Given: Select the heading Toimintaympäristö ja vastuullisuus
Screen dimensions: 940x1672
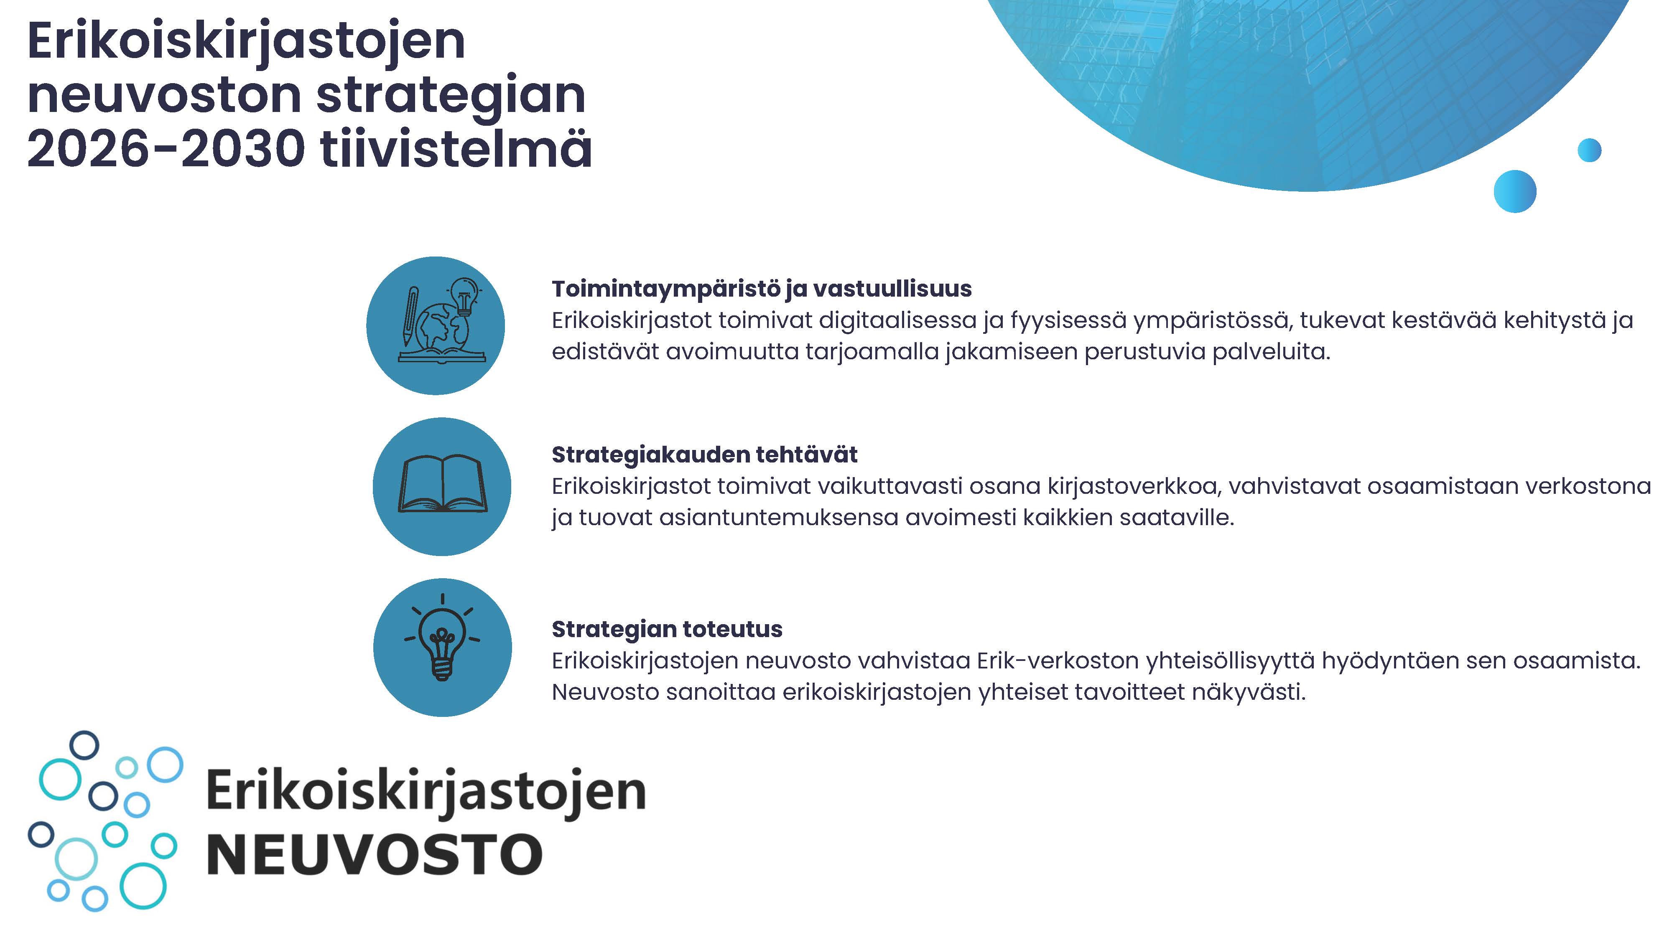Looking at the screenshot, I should [x=761, y=289].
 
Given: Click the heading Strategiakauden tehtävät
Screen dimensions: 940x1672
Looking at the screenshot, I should [x=704, y=455].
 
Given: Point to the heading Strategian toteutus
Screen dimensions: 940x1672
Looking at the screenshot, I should [x=667, y=629].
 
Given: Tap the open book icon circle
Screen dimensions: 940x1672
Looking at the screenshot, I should [x=442, y=487].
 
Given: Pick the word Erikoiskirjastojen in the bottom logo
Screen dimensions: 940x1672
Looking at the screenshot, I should [x=426, y=791].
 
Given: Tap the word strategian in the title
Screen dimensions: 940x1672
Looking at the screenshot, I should [x=451, y=95].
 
